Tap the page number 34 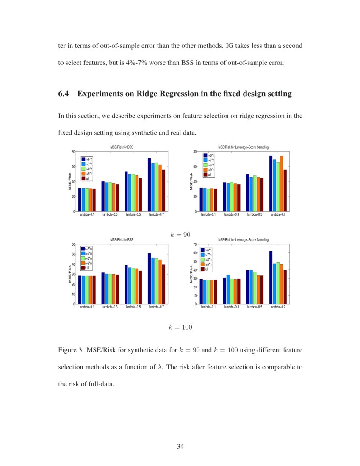(x=180, y=446)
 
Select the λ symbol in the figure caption (x=160, y=367)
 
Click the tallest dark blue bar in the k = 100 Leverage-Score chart (x=271, y=277)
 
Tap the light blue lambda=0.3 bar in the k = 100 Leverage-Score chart (x=228, y=289)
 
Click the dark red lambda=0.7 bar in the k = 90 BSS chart (x=163, y=191)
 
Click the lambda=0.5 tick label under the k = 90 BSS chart (x=133, y=215)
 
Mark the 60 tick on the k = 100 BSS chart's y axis (x=73, y=244)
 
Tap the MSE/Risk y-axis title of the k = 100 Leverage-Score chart (x=191, y=275)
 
